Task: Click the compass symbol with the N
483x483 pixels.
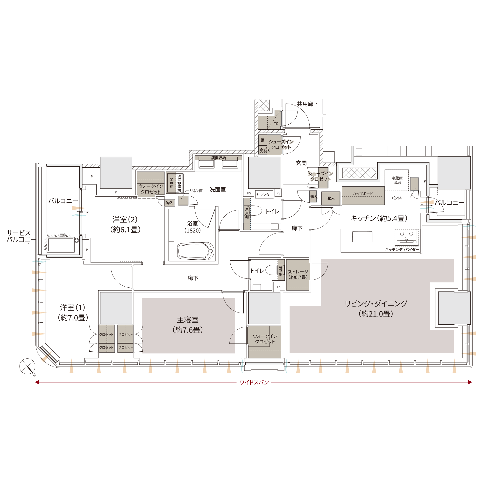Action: [x=28, y=367]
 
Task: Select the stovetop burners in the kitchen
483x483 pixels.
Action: [x=406, y=236]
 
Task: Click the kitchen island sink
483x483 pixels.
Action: [x=362, y=236]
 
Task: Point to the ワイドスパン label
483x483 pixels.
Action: [x=254, y=382]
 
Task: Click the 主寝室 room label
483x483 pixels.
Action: [x=187, y=325]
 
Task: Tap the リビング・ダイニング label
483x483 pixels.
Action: [x=376, y=308]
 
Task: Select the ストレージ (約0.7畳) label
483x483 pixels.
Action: [x=298, y=274]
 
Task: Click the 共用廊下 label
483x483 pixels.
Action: [x=308, y=104]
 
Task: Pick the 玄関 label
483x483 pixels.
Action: [x=301, y=163]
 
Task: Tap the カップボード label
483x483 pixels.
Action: [x=362, y=194]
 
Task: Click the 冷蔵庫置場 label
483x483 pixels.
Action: [x=397, y=180]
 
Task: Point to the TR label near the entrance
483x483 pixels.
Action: [x=276, y=124]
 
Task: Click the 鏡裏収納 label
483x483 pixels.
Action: [x=218, y=158]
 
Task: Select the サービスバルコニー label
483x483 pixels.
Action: [x=19, y=236]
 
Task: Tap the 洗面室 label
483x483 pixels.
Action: [x=218, y=190]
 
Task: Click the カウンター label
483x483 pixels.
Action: [x=264, y=195]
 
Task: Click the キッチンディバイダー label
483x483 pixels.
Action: [x=402, y=249]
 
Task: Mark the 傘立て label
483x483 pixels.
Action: [x=265, y=150]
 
